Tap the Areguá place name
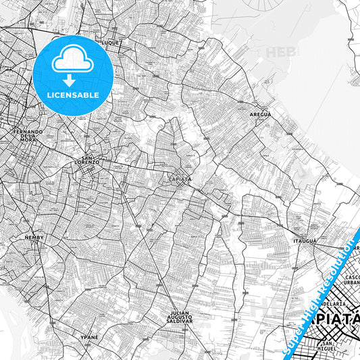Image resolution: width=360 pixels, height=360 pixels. click(x=260, y=115)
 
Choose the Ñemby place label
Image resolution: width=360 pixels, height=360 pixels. click(x=33, y=238)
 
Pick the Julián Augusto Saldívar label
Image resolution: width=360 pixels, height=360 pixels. click(x=182, y=318)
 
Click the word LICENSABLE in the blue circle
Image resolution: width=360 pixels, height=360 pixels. click(x=72, y=95)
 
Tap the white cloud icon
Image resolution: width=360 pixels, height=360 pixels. click(x=72, y=61)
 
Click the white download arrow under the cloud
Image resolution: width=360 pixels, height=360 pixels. click(x=72, y=80)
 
